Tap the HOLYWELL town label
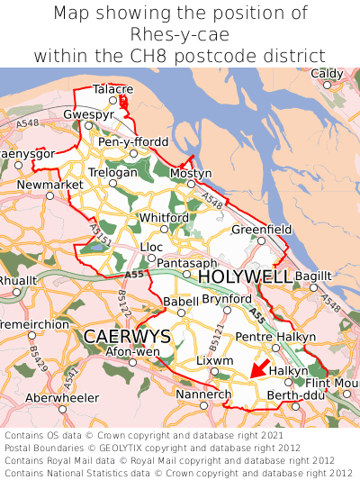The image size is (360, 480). coord(245,276)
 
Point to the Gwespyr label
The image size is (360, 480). coord(88,115)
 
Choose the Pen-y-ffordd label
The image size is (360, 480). coord(132,141)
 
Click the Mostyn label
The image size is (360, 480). coord(190,173)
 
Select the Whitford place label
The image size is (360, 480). coord(163,218)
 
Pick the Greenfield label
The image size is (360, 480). coord(262,230)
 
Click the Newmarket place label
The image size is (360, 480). coord(44,185)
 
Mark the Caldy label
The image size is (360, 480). coord(327,74)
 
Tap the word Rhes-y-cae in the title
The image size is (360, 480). coord(180,34)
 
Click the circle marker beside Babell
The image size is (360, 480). coord(181,312)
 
